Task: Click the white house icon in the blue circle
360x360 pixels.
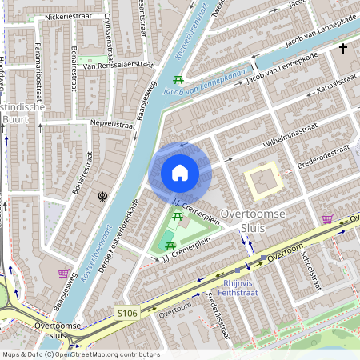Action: click(180, 173)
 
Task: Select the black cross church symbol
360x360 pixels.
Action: click(343, 50)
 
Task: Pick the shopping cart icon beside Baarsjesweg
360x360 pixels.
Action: click(63, 274)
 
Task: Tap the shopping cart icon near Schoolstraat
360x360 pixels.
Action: click(327, 218)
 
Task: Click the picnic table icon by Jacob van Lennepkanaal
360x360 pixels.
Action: click(178, 80)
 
